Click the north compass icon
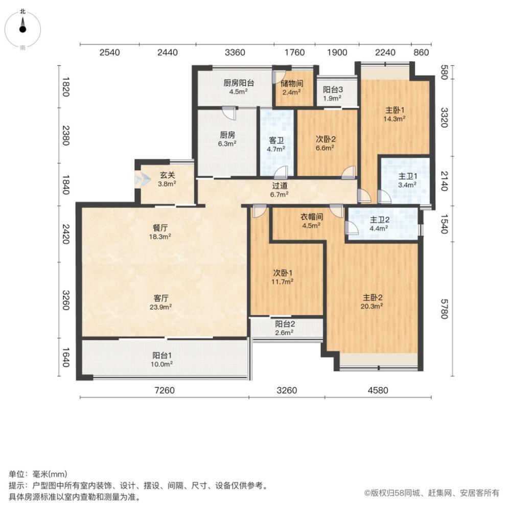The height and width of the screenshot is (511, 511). (x=23, y=28)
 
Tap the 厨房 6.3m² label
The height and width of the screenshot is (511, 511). (x=227, y=140)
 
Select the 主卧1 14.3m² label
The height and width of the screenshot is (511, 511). (x=395, y=113)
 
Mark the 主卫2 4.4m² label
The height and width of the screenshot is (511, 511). (x=380, y=224)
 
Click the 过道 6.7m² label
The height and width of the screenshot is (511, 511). (x=280, y=191)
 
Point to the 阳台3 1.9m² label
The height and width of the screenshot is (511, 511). (x=333, y=94)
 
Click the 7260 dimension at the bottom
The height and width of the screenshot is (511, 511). (x=165, y=391)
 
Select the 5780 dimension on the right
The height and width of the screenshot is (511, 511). (x=443, y=308)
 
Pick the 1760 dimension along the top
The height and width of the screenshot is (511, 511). (x=294, y=52)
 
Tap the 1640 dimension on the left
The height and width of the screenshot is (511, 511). (x=66, y=358)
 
